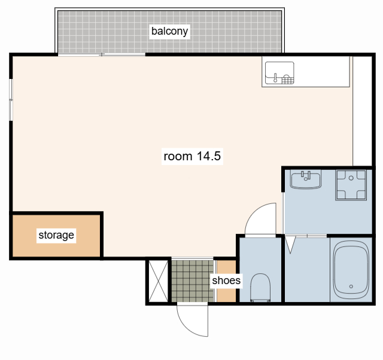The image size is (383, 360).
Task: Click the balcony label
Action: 169,31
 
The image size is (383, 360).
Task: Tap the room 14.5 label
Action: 192,156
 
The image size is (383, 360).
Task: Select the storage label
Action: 56,235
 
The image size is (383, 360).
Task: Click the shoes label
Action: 226,280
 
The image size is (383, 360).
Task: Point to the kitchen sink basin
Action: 279,73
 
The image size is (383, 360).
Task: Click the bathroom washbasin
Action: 306,179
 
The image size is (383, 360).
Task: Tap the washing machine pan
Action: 351,185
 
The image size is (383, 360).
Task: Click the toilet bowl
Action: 260,288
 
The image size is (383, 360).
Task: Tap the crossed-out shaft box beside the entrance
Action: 158,281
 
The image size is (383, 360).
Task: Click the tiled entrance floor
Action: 193,281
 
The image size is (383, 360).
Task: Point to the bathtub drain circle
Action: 351,286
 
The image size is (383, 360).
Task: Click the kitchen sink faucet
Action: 275,78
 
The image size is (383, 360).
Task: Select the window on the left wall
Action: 11,100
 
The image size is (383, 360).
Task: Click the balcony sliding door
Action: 102,54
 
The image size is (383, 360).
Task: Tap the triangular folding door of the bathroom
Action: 290,245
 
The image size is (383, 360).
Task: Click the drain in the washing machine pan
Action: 351,178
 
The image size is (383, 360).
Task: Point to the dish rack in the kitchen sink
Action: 288,80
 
